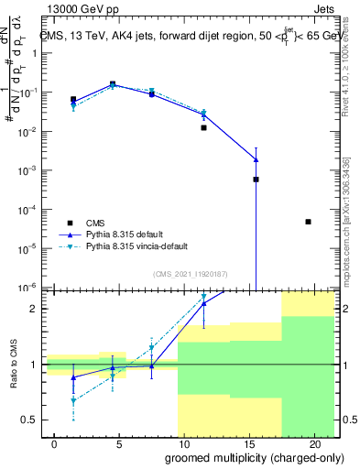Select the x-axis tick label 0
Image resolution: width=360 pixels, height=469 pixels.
pyautogui.click(x=55, y=443)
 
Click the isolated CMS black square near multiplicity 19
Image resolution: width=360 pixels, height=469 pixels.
pyautogui.click(x=309, y=222)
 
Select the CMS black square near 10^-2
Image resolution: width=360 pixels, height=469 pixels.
pyautogui.click(x=203, y=128)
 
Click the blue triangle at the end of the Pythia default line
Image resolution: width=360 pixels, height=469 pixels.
pyautogui.click(x=256, y=159)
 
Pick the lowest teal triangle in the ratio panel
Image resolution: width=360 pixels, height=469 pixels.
pyautogui.click(x=73, y=400)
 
